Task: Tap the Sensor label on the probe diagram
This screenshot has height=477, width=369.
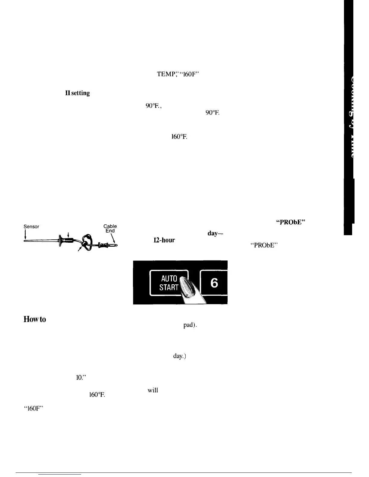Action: (x=31, y=226)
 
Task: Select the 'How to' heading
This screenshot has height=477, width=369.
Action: (x=35, y=319)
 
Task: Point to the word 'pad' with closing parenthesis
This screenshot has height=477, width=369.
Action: (x=190, y=326)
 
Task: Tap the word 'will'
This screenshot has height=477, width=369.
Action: (x=153, y=391)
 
